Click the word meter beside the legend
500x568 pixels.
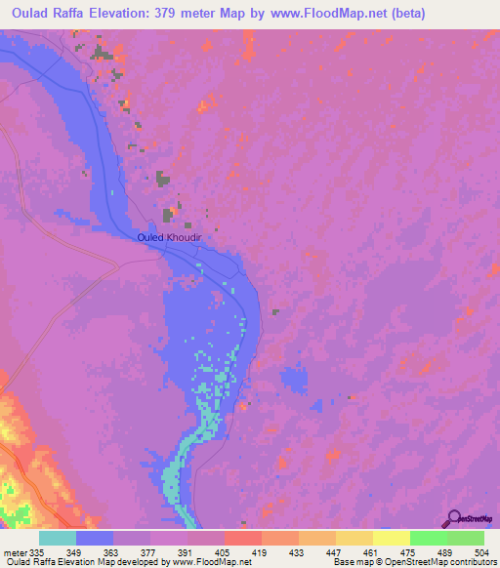[x=15, y=552]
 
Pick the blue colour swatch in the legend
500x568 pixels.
[x=95, y=538]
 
